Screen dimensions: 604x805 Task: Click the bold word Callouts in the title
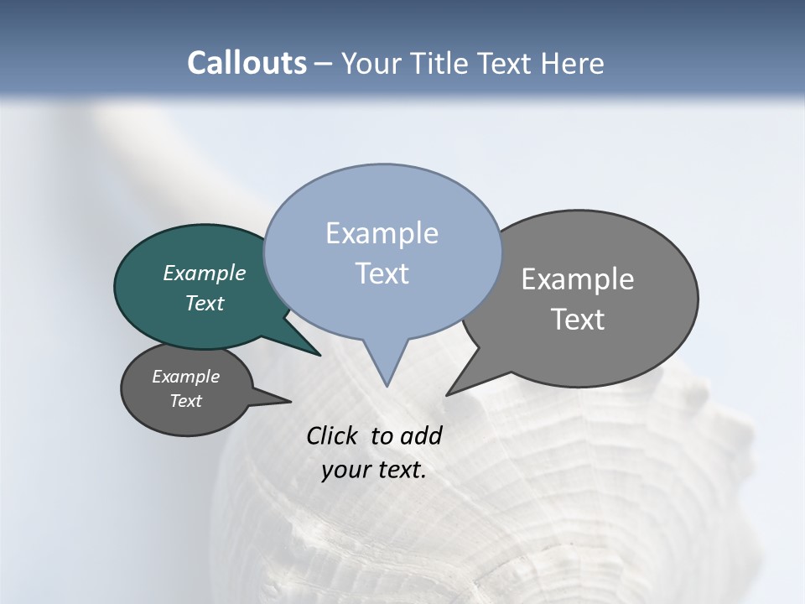tap(247, 63)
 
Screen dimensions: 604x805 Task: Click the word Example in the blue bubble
tap(382, 233)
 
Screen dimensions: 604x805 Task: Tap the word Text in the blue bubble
tap(382, 273)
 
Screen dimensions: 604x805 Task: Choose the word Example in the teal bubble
tap(205, 273)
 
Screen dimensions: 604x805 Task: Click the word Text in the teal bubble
tap(205, 303)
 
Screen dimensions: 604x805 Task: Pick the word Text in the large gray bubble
tap(578, 319)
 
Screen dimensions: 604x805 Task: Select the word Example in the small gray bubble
tap(186, 377)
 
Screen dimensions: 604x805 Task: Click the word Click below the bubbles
tap(332, 436)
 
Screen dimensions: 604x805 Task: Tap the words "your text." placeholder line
tap(374, 470)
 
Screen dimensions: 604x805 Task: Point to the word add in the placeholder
tap(421, 436)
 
